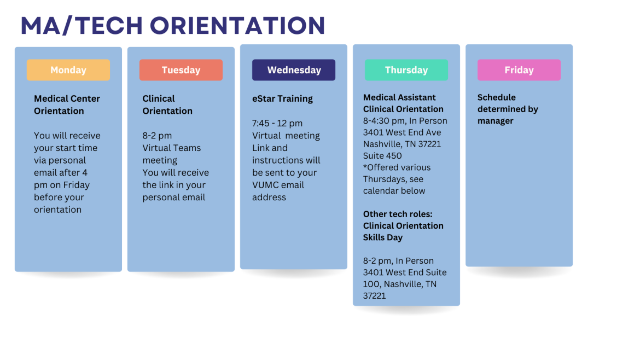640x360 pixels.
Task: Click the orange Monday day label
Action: pyautogui.click(x=68, y=70)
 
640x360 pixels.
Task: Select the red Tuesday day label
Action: pyautogui.click(x=181, y=70)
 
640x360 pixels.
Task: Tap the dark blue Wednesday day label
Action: pyautogui.click(x=294, y=70)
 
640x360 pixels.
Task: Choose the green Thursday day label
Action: pyautogui.click(x=406, y=70)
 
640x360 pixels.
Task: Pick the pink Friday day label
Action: pyautogui.click(x=519, y=70)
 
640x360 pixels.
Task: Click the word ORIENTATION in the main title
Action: pyautogui.click(x=237, y=25)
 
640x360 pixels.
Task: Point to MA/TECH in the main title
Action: pyautogui.click(x=82, y=25)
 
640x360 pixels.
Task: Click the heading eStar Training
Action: pyautogui.click(x=282, y=99)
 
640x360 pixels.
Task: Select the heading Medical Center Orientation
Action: pyautogui.click(x=67, y=105)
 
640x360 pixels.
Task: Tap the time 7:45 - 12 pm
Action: pyautogui.click(x=277, y=123)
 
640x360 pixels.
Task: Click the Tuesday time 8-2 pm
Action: pyautogui.click(x=157, y=136)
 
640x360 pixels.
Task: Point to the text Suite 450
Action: pyautogui.click(x=382, y=155)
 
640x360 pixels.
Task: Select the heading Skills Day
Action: pyautogui.click(x=383, y=237)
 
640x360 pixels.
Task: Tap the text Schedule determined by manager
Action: pyautogui.click(x=508, y=109)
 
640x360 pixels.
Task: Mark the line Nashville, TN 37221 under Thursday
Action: pyautogui.click(x=402, y=144)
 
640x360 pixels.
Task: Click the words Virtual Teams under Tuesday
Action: pyautogui.click(x=171, y=148)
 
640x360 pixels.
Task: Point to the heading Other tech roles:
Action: pyautogui.click(x=398, y=214)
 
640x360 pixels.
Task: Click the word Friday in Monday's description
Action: pyautogui.click(x=77, y=185)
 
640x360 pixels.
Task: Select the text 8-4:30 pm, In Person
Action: pyautogui.click(x=405, y=121)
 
